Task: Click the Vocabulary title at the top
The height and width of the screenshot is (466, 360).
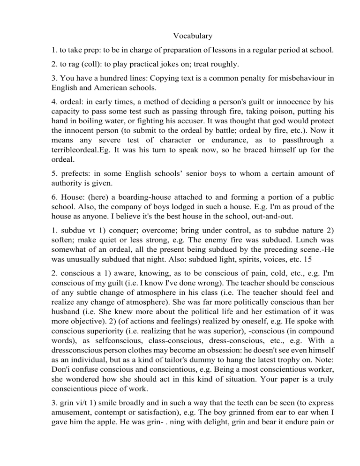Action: coord(193,36)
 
